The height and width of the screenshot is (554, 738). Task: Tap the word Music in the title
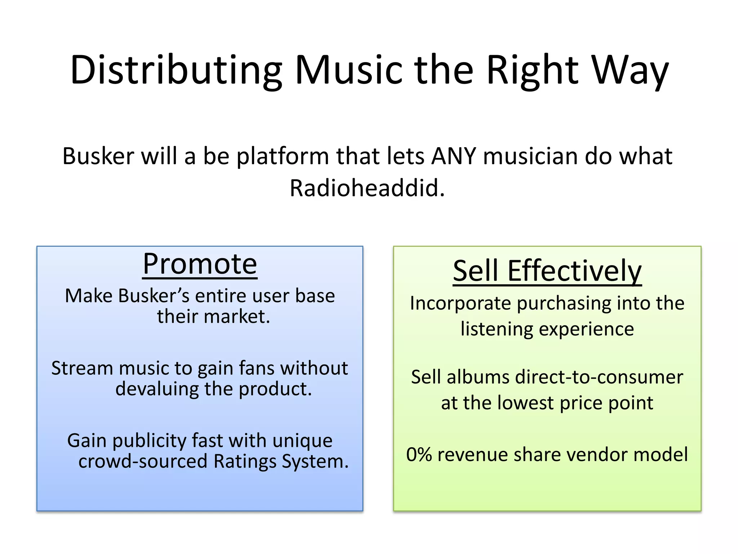[348, 70]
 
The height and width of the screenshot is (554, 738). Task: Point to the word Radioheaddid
[367, 188]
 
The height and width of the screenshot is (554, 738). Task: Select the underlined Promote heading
[200, 264]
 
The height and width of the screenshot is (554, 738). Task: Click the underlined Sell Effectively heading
[547, 271]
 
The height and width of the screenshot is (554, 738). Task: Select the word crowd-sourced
[143, 462]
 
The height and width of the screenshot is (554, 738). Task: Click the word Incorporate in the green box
[460, 303]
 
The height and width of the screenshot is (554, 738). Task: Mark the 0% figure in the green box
[419, 454]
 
